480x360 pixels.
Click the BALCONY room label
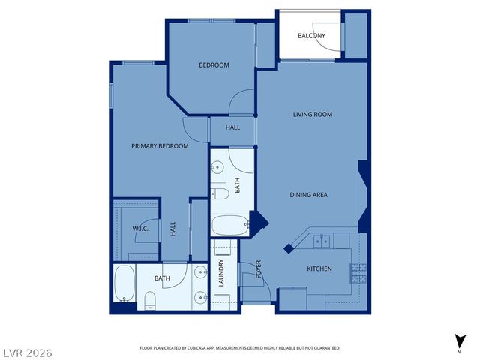tap(311, 36)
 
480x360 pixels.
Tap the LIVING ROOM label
tap(312, 115)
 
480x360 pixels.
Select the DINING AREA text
tap(309, 195)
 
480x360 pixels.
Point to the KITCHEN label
tap(319, 268)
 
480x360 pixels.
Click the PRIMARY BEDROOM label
tap(160, 146)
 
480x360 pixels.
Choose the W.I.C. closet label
tap(140, 229)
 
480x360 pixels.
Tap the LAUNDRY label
tap(221, 274)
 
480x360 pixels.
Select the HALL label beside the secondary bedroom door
tap(232, 128)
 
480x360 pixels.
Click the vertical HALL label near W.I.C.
tap(172, 229)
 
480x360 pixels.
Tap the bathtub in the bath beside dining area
tap(229, 225)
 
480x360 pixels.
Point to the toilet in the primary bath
tap(149, 301)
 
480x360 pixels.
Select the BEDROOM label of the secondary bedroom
tap(214, 65)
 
